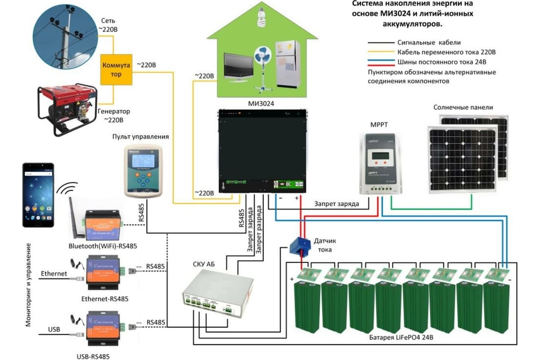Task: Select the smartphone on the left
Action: pos(38,195)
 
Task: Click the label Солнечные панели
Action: pos(463,108)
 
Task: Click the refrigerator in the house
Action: pos(287,63)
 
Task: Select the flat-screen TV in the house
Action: pos(238,67)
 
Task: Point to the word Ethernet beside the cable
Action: pos(54,273)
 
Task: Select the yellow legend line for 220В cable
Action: pos(381,52)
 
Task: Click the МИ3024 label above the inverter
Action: pos(261,103)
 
